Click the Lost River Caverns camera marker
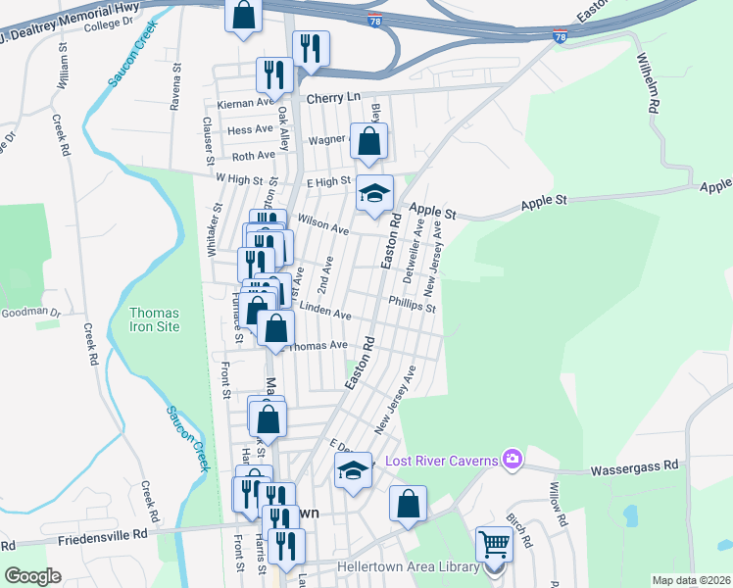[x=511, y=459]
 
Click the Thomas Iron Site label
[x=155, y=319]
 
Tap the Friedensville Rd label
[x=102, y=535]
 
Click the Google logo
[x=32, y=576]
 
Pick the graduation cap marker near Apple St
[x=373, y=192]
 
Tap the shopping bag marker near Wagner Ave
[x=368, y=141]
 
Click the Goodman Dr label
[x=30, y=312]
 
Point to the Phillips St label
[x=412, y=305]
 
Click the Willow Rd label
[x=557, y=504]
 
